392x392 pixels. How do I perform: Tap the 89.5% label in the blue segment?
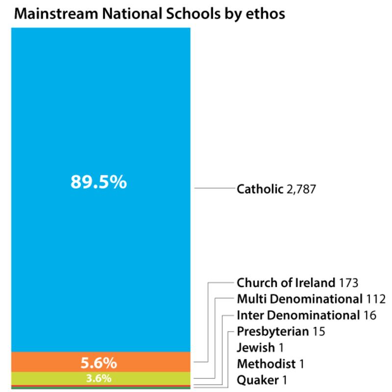[98, 182]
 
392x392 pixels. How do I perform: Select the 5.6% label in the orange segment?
[98, 364]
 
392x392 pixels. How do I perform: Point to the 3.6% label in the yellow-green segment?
[98, 378]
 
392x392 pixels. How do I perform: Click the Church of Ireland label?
[286, 283]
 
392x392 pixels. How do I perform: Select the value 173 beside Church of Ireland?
[349, 283]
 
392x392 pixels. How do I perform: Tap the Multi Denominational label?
[300, 299]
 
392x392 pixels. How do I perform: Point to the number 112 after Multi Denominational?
[376, 299]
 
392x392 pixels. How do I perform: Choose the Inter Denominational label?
[297, 315]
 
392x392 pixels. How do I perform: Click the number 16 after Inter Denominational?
[370, 315]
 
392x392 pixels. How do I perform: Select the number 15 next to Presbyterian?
[319, 331]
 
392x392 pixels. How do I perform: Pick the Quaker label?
[255, 380]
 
